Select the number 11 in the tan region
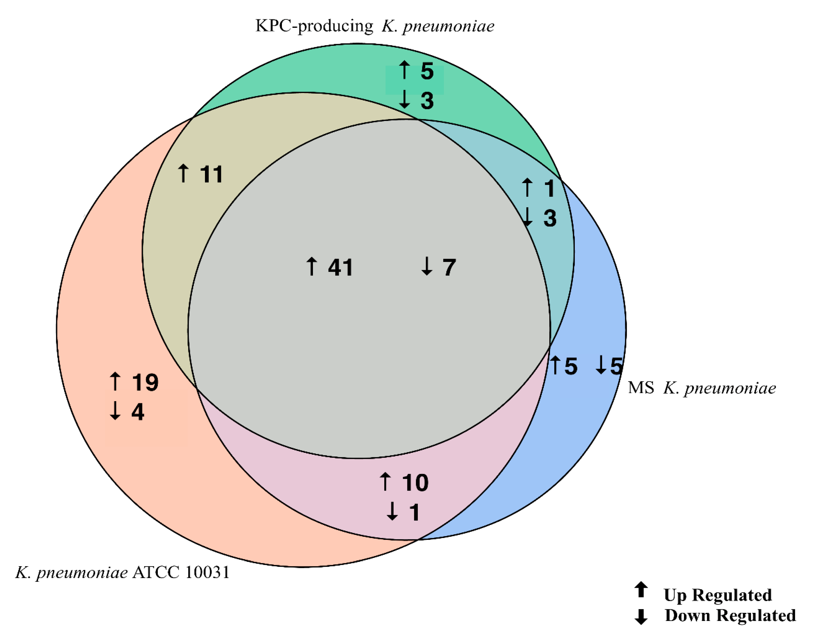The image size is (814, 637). (x=211, y=174)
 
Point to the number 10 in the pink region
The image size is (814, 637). (x=415, y=482)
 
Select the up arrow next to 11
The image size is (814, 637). (x=183, y=173)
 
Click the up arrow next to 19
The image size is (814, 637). (x=115, y=381)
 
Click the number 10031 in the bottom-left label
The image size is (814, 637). (x=207, y=572)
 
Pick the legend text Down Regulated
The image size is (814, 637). (x=730, y=615)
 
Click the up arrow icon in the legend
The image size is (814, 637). (x=641, y=590)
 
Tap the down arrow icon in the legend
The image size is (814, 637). (x=641, y=616)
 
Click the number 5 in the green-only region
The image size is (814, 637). (x=427, y=71)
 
